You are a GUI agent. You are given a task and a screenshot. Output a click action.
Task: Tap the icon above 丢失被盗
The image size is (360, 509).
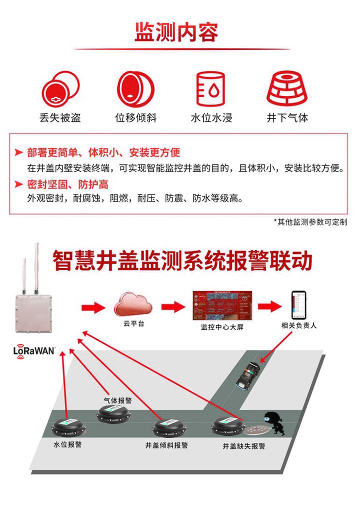(x=59, y=89)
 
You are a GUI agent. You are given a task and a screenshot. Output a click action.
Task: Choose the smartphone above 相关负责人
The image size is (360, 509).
(x=299, y=304)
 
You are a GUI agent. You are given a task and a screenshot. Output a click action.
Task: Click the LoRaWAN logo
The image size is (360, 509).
(x=34, y=349)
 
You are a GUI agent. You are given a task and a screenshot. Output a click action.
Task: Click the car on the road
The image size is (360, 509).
(x=248, y=376)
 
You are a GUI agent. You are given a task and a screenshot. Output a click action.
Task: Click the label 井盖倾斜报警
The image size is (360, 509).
(x=166, y=445)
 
